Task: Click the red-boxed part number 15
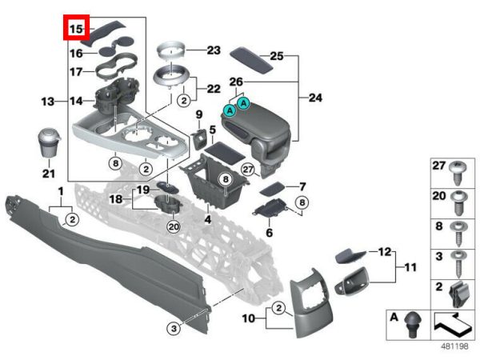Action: [77, 30]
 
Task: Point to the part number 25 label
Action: [276, 57]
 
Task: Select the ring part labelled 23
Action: [170, 52]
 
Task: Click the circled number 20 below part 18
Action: [174, 226]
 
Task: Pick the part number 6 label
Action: [270, 233]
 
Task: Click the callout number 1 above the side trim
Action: [61, 190]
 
